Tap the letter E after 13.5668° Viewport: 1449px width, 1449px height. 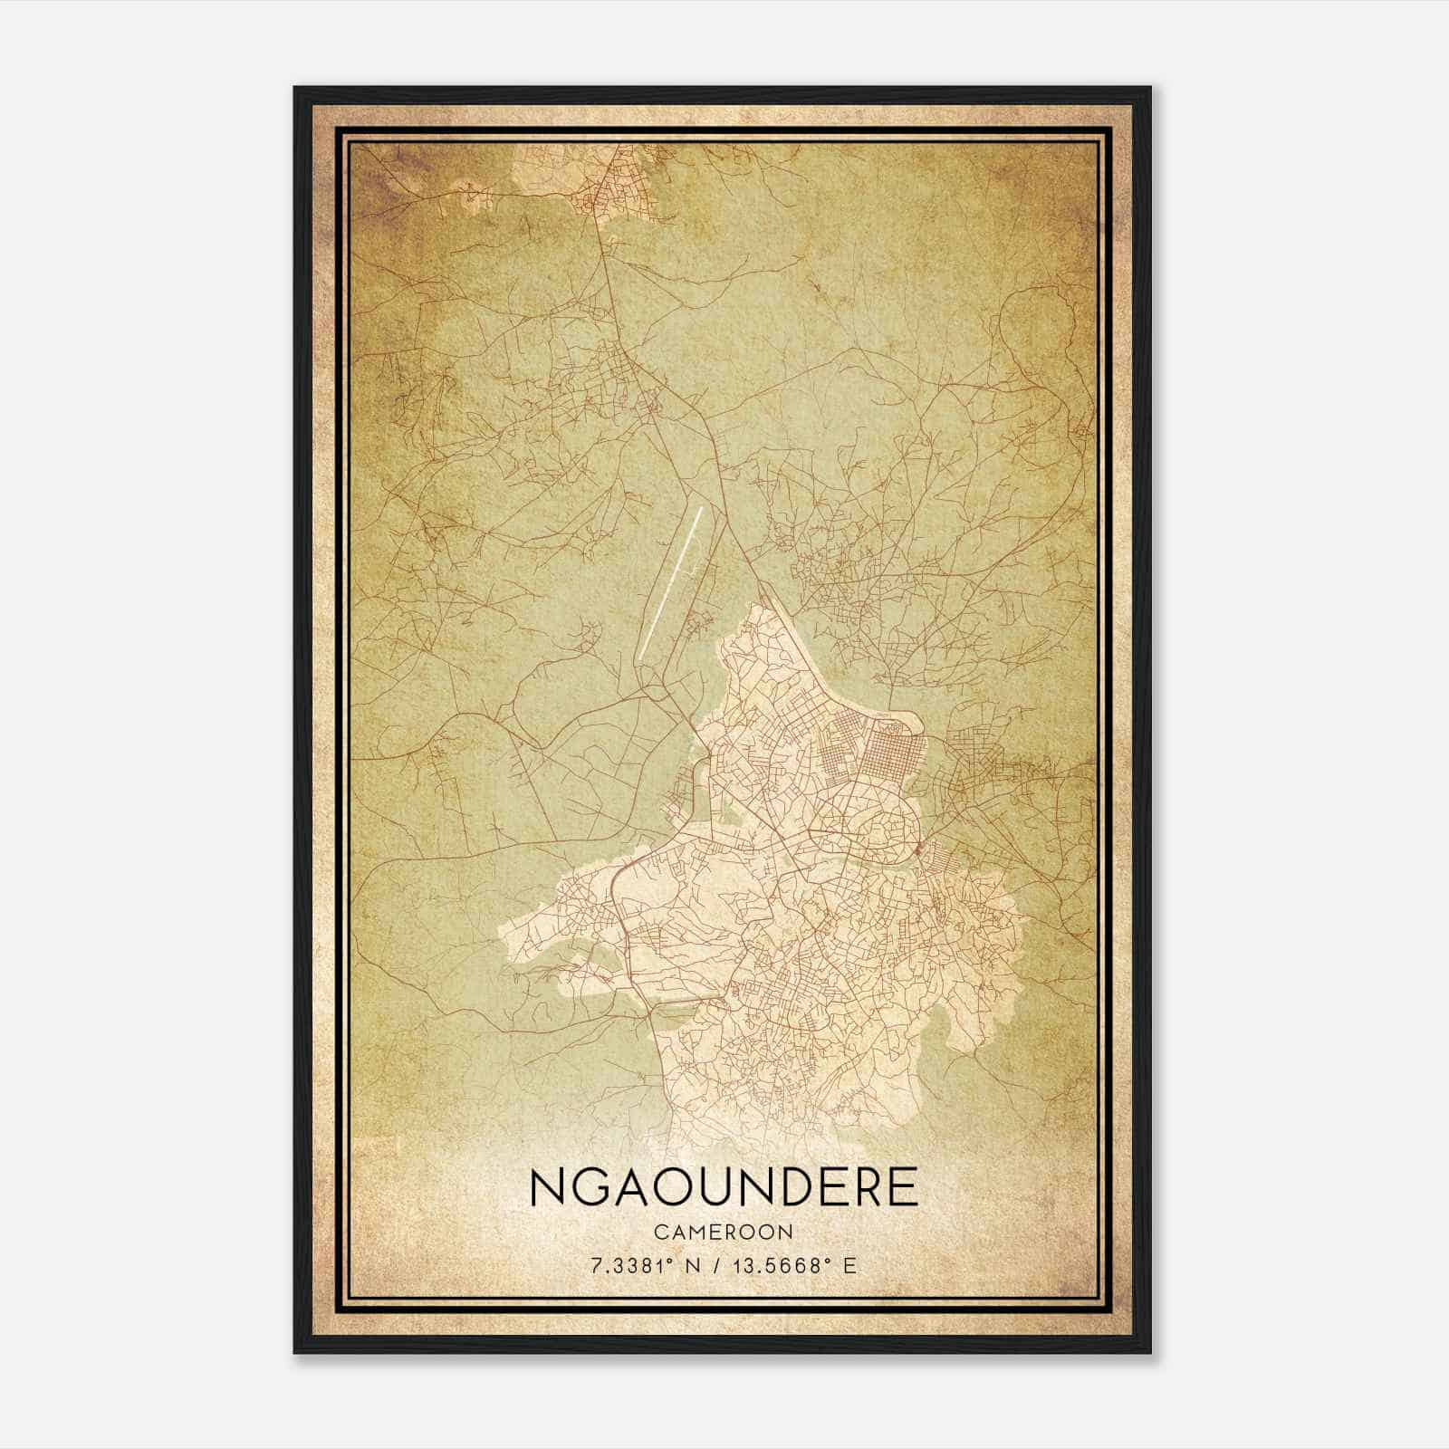(849, 1265)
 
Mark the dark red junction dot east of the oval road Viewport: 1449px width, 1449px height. (917, 849)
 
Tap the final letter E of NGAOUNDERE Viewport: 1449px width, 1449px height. (902, 1188)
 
